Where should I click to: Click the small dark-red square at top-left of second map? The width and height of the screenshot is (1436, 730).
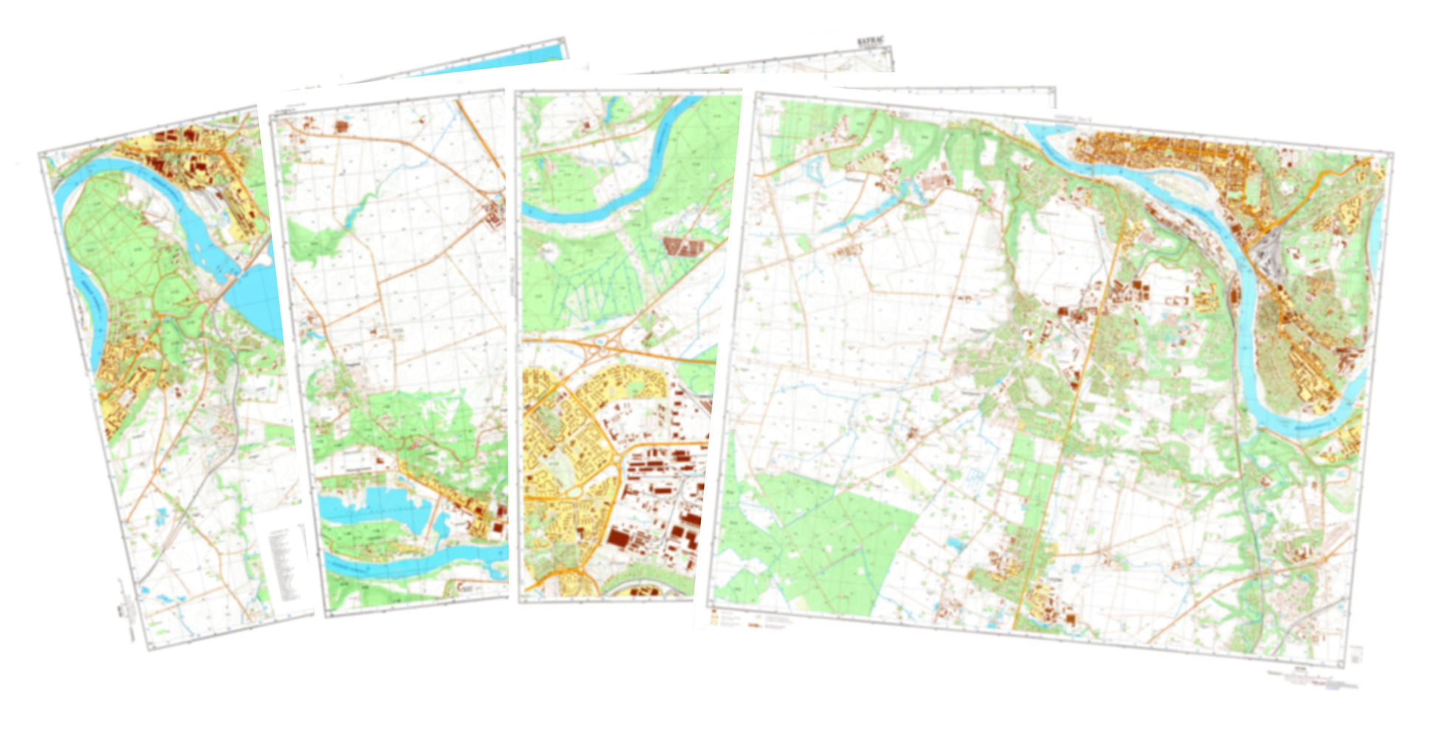341,126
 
